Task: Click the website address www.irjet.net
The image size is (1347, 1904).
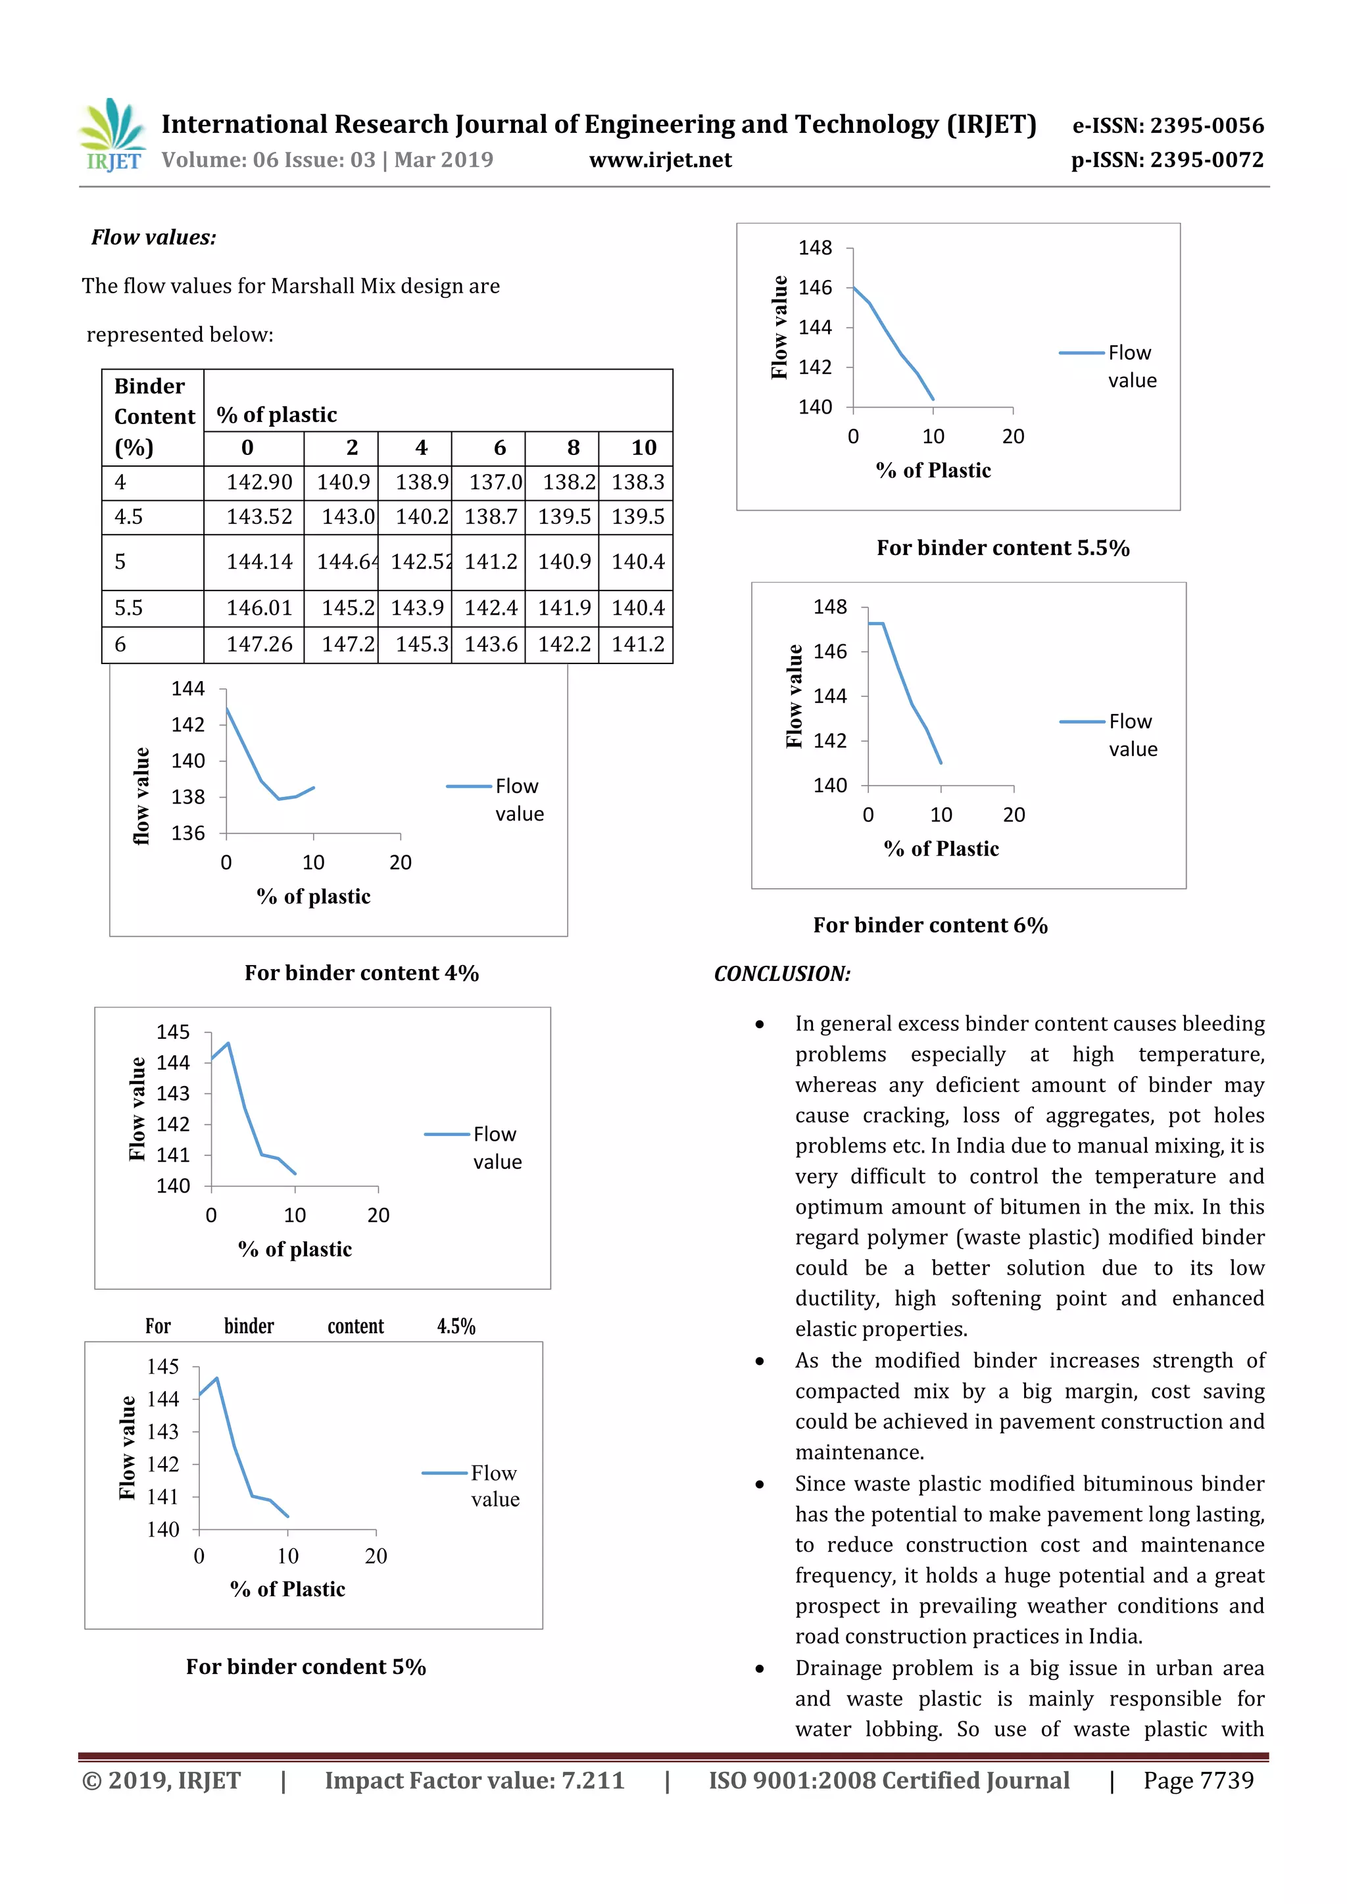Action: (x=660, y=160)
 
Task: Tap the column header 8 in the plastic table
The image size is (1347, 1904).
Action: (x=572, y=448)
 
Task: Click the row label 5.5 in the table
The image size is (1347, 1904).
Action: (x=128, y=608)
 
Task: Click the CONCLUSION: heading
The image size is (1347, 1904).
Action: (x=782, y=974)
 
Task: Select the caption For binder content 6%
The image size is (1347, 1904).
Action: (x=930, y=926)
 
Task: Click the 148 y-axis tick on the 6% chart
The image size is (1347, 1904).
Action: (x=829, y=607)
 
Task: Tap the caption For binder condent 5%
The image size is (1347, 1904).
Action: (x=305, y=1667)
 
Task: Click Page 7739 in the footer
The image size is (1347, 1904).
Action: (x=1198, y=1780)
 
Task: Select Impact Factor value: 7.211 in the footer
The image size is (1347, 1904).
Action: (x=474, y=1780)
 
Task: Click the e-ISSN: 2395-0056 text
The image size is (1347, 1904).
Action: (x=1168, y=126)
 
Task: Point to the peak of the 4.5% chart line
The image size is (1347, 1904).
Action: (x=228, y=1043)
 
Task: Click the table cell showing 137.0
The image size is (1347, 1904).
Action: (x=495, y=483)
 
